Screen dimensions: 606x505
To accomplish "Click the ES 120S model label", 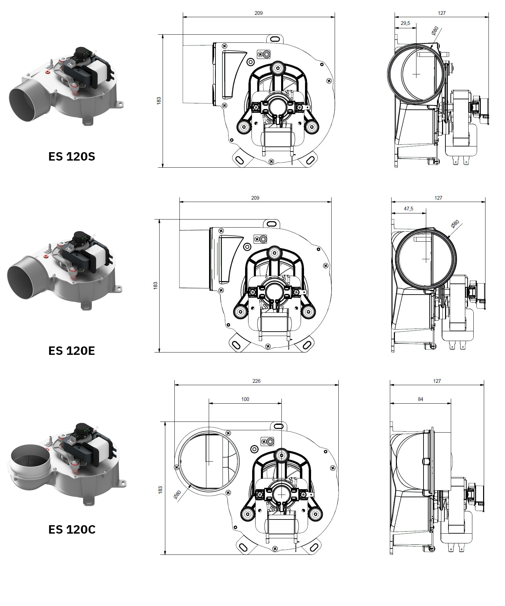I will tap(72, 157).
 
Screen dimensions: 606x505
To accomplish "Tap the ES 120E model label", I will tap(72, 351).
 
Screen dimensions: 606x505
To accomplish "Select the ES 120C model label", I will tap(72, 530).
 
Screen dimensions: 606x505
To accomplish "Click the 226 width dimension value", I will tap(256, 381).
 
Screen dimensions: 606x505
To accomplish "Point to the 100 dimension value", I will tap(245, 399).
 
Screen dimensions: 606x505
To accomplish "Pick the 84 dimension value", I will tap(420, 399).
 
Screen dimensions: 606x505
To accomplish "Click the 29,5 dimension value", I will tap(405, 23).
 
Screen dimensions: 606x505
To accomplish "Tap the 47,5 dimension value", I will tap(408, 209).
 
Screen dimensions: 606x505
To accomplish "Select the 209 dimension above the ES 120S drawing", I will tap(259, 13).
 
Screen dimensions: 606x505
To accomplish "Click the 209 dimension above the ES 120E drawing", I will tap(255, 198).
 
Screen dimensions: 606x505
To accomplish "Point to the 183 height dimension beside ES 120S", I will tap(159, 101).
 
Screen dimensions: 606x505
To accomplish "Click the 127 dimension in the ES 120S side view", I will tap(442, 13).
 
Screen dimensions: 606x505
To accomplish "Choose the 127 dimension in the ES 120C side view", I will tap(437, 381).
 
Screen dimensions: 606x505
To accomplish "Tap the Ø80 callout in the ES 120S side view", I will tap(435, 31).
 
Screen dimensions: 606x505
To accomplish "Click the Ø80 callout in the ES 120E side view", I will tap(455, 224).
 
